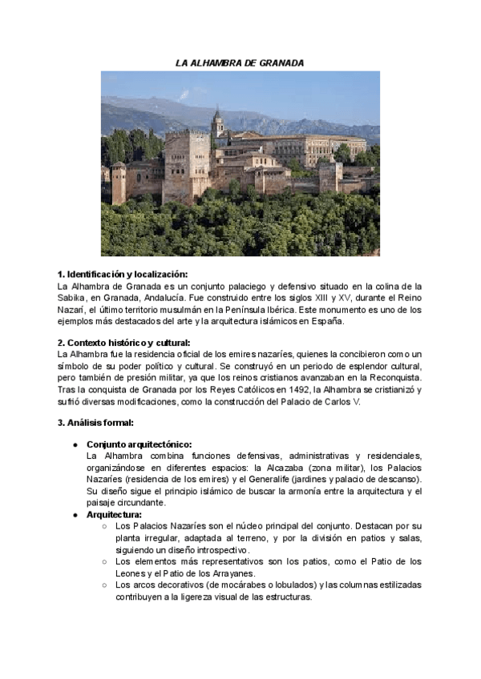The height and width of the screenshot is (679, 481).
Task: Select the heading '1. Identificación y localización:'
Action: tap(121, 274)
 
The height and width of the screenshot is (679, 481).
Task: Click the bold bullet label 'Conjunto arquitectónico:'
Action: tap(139, 445)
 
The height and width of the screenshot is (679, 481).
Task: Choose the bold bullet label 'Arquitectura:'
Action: tap(114, 514)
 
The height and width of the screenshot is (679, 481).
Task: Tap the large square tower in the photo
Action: tap(187, 164)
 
